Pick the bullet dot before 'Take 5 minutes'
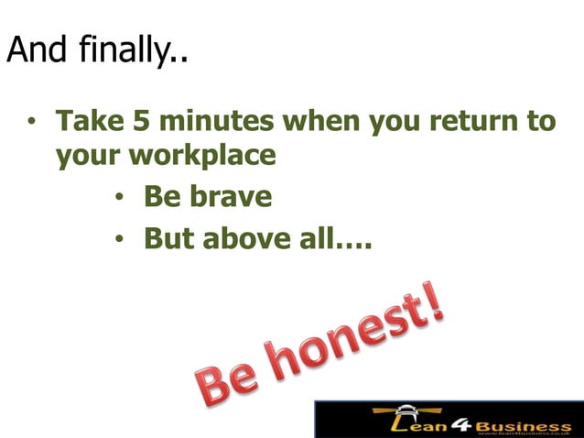click(32, 122)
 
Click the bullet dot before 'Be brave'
click(121, 198)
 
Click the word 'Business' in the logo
click(525, 426)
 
